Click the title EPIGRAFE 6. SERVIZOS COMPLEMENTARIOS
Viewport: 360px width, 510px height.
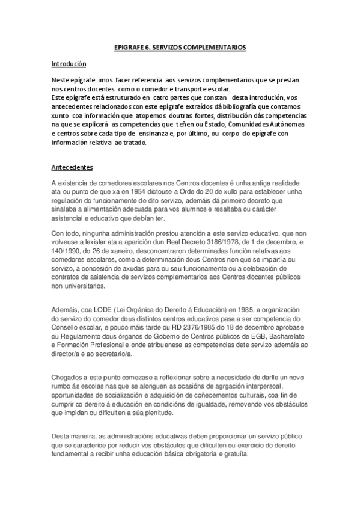(180, 46)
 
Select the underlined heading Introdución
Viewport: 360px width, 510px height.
(69, 63)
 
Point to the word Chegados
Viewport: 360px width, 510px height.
(68, 376)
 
